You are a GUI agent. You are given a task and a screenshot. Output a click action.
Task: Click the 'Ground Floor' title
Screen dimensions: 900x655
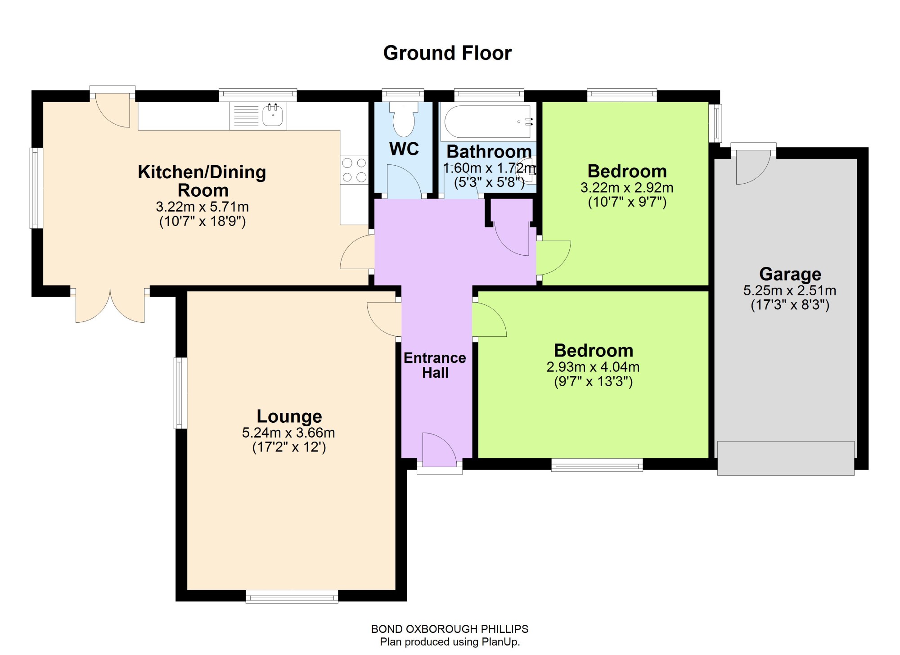(x=447, y=53)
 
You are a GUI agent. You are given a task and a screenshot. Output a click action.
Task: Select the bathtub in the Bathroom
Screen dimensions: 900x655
(x=488, y=122)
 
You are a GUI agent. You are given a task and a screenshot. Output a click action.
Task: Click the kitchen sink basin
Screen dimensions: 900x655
(x=272, y=115)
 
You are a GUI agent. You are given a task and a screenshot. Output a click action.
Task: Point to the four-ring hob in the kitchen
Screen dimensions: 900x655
(x=354, y=170)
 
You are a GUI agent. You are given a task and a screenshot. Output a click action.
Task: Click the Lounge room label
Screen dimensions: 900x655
(x=289, y=416)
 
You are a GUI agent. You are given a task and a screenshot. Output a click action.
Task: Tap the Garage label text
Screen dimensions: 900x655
(x=790, y=274)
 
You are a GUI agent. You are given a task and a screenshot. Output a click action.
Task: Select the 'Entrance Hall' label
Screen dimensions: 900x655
(x=435, y=365)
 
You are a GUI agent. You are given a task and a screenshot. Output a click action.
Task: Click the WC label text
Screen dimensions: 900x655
(x=404, y=149)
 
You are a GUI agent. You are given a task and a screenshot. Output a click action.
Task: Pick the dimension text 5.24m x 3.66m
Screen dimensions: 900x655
(x=288, y=433)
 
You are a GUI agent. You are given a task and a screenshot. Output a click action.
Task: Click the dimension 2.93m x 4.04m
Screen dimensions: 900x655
(x=593, y=367)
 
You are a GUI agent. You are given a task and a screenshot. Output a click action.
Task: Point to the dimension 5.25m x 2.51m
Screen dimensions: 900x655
(x=790, y=291)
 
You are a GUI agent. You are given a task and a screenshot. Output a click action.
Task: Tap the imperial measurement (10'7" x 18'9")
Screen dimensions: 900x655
(x=202, y=221)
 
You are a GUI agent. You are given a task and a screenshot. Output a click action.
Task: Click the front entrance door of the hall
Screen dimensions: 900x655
(x=439, y=450)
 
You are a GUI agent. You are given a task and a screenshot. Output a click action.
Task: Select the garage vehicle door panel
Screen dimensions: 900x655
(x=786, y=458)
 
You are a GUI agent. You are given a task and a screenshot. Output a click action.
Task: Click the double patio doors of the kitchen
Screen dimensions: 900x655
(x=110, y=306)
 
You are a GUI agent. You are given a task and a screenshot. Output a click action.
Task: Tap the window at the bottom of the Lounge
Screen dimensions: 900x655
(x=292, y=596)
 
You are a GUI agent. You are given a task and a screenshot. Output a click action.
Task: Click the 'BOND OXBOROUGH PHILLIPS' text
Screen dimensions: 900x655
(x=450, y=629)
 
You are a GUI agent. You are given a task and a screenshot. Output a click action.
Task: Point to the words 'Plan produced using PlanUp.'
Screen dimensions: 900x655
(x=450, y=642)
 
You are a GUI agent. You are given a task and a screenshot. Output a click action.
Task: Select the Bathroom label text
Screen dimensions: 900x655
(x=489, y=152)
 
